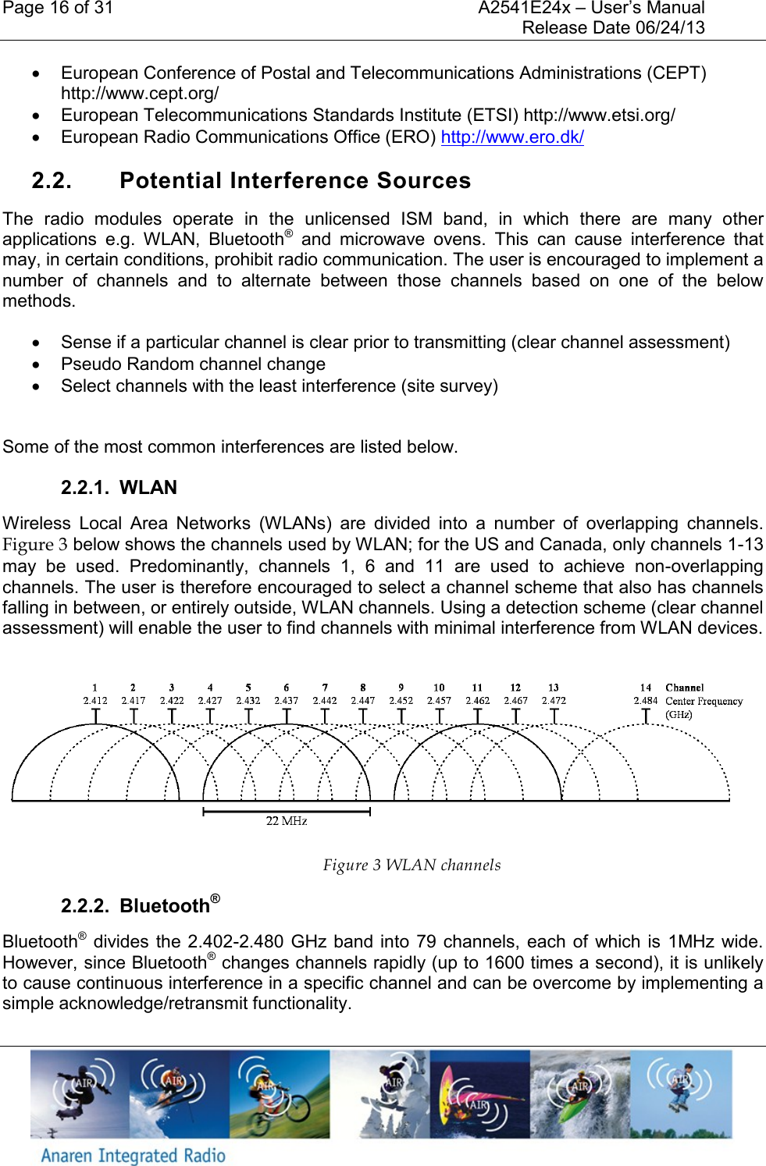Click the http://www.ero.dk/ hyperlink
tap(512, 137)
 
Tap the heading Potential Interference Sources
tap(295, 180)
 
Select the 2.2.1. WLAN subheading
tap(119, 488)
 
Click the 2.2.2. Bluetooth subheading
tap(141, 905)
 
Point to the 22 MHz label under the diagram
tap(287, 821)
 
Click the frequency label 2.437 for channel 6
tap(286, 701)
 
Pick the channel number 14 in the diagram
tap(646, 688)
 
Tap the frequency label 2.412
tap(95, 701)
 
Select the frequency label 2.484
tap(646, 701)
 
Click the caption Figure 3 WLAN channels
tap(412, 865)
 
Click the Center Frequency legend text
tap(704, 702)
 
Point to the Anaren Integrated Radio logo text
tap(133, 1155)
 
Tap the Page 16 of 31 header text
tap(58, 9)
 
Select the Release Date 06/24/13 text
tap(613, 28)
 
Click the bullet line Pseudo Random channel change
tap(193, 364)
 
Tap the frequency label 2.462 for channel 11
tap(477, 701)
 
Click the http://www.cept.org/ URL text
tap(140, 94)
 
